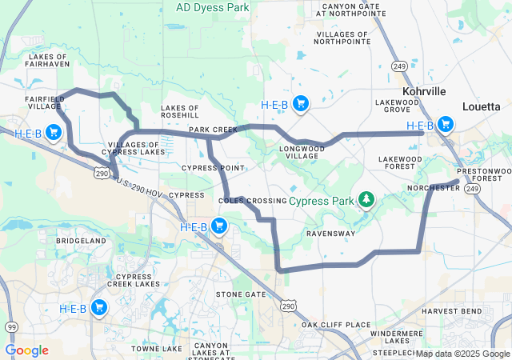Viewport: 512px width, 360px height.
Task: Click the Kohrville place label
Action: [424, 92]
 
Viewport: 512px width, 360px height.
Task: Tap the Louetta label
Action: [481, 106]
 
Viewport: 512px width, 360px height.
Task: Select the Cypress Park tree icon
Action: [366, 198]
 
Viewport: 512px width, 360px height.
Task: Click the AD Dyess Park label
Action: [212, 7]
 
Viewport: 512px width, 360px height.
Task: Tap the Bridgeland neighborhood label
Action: [82, 240]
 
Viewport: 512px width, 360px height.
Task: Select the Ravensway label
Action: [330, 234]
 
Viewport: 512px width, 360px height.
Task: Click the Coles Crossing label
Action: [252, 200]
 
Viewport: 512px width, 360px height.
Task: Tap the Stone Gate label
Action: [241, 294]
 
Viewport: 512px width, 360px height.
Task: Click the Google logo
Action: [26, 350]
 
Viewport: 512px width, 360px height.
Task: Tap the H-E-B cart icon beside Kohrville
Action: [445, 125]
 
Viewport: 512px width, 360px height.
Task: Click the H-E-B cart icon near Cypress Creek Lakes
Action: [99, 308]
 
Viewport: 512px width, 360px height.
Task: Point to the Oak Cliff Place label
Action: [335, 325]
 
